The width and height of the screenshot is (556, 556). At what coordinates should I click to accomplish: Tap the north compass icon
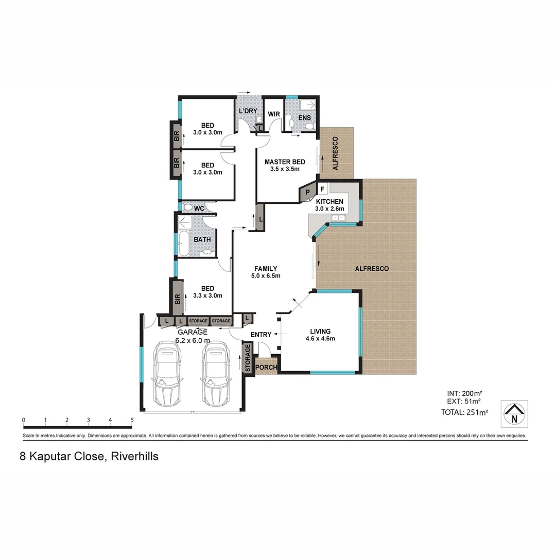514,413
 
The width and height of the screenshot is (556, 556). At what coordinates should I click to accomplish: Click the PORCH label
266,368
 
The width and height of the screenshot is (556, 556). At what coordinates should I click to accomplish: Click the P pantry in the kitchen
308,193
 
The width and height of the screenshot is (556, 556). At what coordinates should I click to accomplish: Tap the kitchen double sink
338,219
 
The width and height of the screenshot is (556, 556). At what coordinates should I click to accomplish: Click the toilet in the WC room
188,208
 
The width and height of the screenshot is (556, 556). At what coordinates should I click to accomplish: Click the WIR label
273,114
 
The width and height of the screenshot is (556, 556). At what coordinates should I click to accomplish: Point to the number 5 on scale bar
132,420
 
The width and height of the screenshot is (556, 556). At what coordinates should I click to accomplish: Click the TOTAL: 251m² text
464,412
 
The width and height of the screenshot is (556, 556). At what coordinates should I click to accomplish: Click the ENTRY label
260,335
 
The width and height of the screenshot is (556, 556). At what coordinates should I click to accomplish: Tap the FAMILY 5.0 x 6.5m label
266,272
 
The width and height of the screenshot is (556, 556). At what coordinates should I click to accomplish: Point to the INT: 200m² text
464,393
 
